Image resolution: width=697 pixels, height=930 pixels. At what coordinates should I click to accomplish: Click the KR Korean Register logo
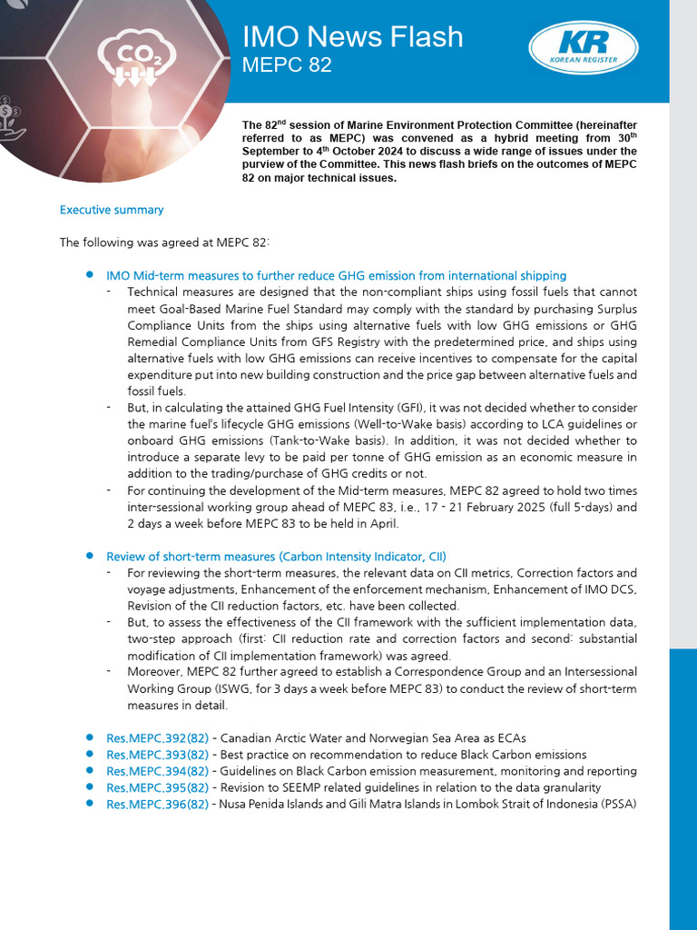[x=583, y=48]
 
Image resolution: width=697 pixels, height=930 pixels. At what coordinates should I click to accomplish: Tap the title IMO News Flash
[x=352, y=36]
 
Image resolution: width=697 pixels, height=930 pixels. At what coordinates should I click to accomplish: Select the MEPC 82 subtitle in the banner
[x=287, y=65]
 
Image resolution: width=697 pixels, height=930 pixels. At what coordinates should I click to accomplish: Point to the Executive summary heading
[x=112, y=210]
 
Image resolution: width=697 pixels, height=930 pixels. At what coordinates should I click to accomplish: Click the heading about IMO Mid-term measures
[x=336, y=275]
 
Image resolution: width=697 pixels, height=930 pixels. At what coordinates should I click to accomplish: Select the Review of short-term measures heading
[x=276, y=556]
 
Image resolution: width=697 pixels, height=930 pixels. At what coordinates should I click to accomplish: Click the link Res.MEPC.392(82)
[x=157, y=738]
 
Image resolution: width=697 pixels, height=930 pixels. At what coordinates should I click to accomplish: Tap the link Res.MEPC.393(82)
[x=157, y=755]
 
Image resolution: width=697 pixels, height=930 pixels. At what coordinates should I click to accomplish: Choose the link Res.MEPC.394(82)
[x=157, y=771]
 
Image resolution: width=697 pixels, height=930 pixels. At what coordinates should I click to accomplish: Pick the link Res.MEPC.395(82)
[x=157, y=787]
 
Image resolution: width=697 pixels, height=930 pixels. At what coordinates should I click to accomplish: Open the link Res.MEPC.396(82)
[x=157, y=805]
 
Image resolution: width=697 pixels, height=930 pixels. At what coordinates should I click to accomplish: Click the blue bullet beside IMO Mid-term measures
[x=90, y=274]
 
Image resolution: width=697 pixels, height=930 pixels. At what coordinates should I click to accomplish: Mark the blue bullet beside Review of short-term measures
[x=90, y=555]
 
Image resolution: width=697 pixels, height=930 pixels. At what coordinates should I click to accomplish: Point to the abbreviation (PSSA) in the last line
[x=617, y=805]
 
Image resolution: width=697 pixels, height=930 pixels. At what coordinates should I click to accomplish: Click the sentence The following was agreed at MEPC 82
[x=164, y=242]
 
